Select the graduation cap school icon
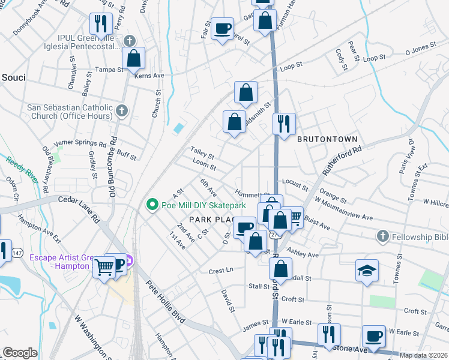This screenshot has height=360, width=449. (367, 271)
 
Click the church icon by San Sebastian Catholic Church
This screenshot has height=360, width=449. (122, 111)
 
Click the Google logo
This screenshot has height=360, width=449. (20, 353)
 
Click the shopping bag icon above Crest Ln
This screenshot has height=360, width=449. (256, 241)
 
